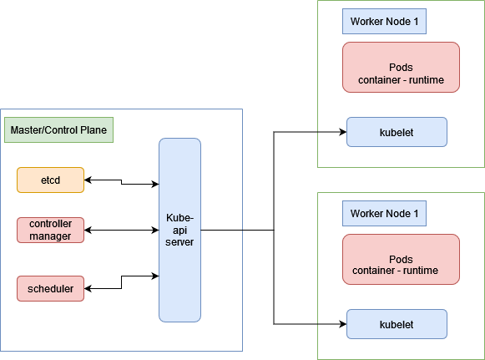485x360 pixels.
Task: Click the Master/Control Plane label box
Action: pyautogui.click(x=58, y=131)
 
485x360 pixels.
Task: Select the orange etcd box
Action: pyautogui.click(x=50, y=180)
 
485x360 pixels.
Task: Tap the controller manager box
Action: pyautogui.click(x=50, y=230)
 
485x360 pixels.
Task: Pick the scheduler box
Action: pyautogui.click(x=50, y=289)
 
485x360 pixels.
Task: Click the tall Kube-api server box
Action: pyautogui.click(x=179, y=230)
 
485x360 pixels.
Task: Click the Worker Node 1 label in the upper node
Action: pyautogui.click(x=384, y=22)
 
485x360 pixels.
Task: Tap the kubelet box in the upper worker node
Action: pyautogui.click(x=397, y=132)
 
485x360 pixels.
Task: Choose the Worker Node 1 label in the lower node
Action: pyautogui.click(x=384, y=214)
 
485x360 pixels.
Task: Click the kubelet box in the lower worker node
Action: pyautogui.click(x=397, y=324)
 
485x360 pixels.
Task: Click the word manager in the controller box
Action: pyautogui.click(x=51, y=236)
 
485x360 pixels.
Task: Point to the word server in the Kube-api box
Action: pyautogui.click(x=180, y=241)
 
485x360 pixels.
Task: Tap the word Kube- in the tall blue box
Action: pyautogui.click(x=180, y=217)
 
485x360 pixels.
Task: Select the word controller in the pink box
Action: pyautogui.click(x=51, y=225)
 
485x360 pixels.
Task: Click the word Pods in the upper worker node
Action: pyautogui.click(x=402, y=68)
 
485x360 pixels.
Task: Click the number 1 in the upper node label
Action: pyautogui.click(x=416, y=22)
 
